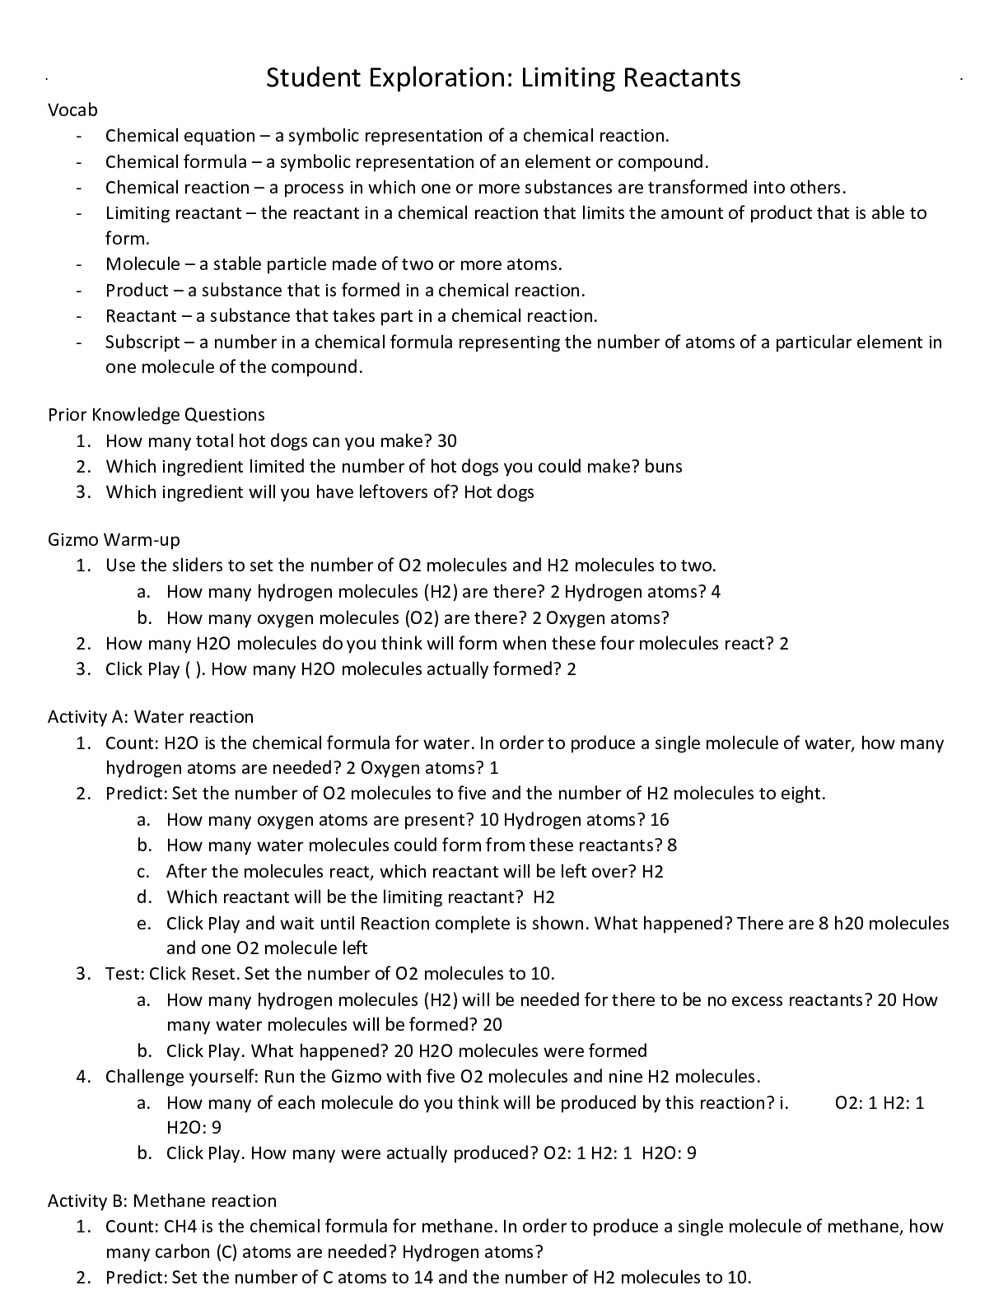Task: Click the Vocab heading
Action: (72, 110)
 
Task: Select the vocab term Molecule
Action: (142, 264)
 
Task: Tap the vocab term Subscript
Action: (142, 342)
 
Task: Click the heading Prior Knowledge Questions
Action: (156, 414)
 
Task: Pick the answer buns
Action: (664, 467)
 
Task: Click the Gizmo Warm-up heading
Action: (114, 540)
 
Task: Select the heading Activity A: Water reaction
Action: (151, 717)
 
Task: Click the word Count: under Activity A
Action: (131, 743)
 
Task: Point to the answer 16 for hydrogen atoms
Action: (660, 820)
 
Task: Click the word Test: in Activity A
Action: (125, 974)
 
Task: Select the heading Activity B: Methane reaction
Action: (162, 1201)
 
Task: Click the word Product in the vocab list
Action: (137, 291)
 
